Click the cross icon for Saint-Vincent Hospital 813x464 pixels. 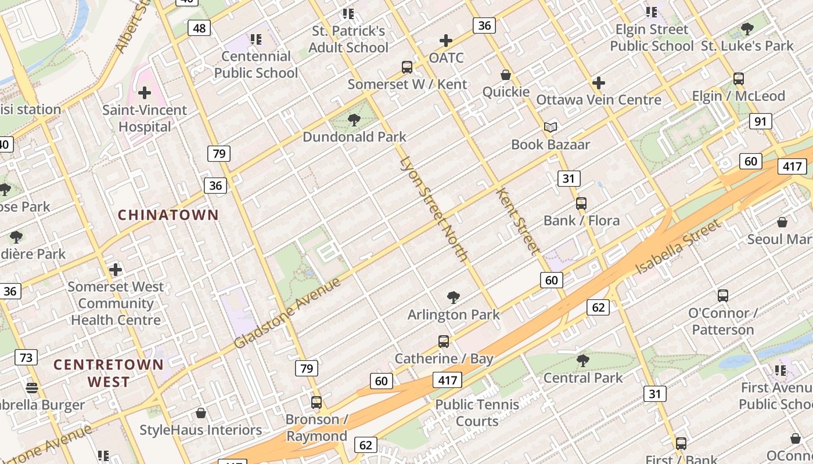pyautogui.click(x=145, y=93)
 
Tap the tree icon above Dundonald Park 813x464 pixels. pyautogui.click(x=354, y=120)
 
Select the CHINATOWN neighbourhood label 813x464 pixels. pyautogui.click(x=168, y=215)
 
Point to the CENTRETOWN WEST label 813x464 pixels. pyautogui.click(x=109, y=373)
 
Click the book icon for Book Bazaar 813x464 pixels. pyautogui.click(x=550, y=127)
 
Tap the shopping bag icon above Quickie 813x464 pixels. pyautogui.click(x=506, y=75)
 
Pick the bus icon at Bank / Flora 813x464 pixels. pyautogui.click(x=581, y=204)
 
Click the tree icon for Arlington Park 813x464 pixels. pyautogui.click(x=454, y=298)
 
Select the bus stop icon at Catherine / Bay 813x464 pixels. pyautogui.click(x=444, y=342)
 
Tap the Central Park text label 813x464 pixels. pyautogui.click(x=582, y=378)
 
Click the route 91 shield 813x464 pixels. pyautogui.click(x=760, y=121)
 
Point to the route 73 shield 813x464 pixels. pyautogui.click(x=26, y=357)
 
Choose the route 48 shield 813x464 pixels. pyautogui.click(x=199, y=28)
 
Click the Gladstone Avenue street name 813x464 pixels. pyautogui.click(x=287, y=313)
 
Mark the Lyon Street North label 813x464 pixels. pyautogui.click(x=433, y=209)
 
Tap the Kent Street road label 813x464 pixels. pyautogui.click(x=515, y=220)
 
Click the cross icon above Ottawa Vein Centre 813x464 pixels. pyautogui.click(x=599, y=83)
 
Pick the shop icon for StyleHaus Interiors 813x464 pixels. pyautogui.click(x=201, y=413)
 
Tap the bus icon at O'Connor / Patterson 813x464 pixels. pyautogui.click(x=723, y=296)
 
